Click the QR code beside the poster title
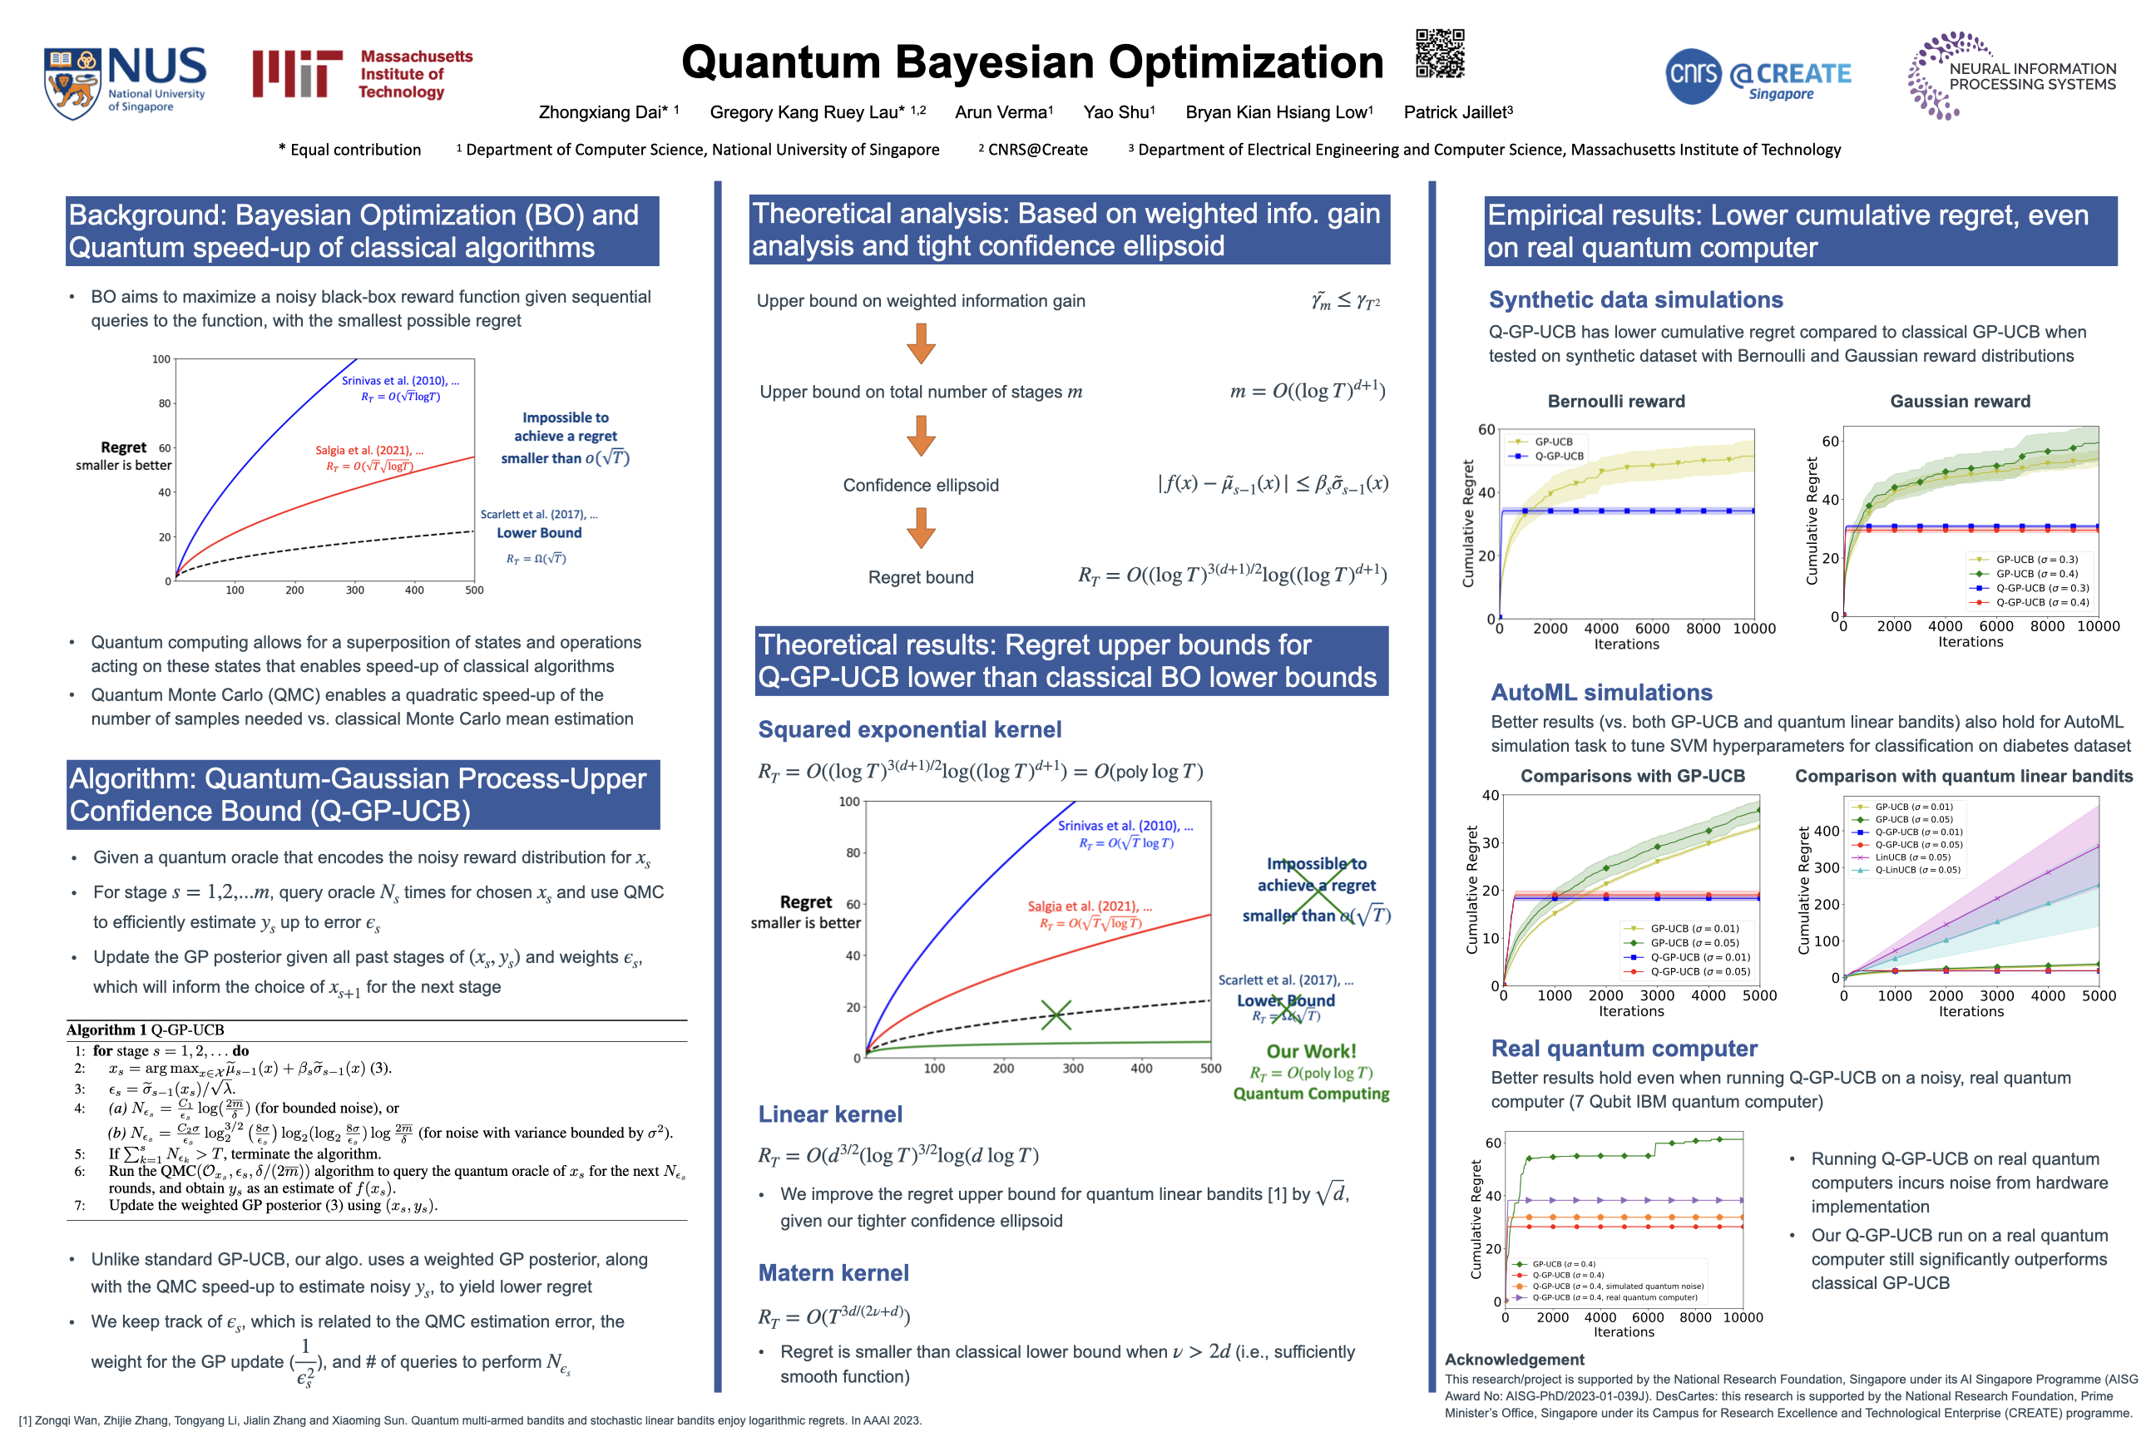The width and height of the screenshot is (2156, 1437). click(1439, 52)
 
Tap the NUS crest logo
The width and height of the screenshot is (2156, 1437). click(72, 82)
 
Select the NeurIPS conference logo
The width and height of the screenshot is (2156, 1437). click(2011, 76)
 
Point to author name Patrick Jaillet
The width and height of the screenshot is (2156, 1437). click(1457, 111)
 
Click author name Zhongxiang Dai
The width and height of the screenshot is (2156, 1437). click(603, 111)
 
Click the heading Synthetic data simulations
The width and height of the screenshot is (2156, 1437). click(1635, 299)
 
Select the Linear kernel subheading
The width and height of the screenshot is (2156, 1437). click(829, 1114)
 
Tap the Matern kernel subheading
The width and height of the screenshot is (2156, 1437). click(833, 1272)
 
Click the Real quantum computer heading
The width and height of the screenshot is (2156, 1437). click(1624, 1048)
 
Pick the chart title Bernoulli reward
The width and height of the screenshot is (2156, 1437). click(1615, 401)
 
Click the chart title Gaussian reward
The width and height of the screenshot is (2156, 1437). click(1960, 401)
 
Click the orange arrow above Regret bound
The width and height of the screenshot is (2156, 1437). click(920, 527)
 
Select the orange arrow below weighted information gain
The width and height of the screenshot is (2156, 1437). click(920, 343)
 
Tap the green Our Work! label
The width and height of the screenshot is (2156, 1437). click(1311, 1051)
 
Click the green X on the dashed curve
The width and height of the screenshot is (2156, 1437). click(1056, 1014)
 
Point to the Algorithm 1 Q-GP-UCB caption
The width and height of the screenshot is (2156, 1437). click(145, 1030)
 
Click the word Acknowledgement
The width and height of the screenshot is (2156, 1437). click(1515, 1359)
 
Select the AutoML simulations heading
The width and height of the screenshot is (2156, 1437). click(1601, 692)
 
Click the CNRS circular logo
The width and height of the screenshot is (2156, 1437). click(1692, 75)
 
